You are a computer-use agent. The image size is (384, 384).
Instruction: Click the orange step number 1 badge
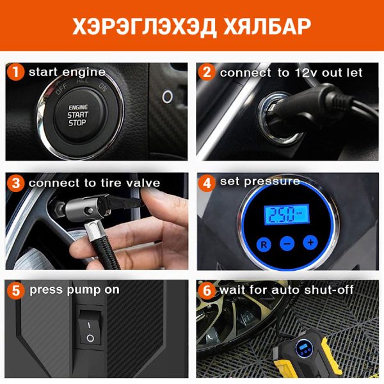[15, 72]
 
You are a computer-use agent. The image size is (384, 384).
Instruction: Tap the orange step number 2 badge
[207, 72]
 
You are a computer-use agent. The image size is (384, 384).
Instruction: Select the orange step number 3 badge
[15, 183]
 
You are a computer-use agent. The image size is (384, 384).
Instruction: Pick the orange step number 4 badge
[207, 182]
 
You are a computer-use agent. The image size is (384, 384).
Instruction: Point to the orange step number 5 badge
[15, 291]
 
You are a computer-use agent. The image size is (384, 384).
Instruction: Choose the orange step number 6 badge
[207, 291]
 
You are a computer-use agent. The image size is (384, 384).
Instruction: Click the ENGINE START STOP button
[78, 115]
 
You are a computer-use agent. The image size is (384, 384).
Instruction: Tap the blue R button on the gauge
[264, 244]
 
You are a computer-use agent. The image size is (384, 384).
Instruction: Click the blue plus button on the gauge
[310, 243]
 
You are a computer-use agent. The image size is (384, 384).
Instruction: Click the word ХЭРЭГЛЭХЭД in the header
[144, 26]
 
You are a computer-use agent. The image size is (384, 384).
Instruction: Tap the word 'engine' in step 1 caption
[84, 72]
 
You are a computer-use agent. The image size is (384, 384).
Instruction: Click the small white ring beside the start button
[168, 97]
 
